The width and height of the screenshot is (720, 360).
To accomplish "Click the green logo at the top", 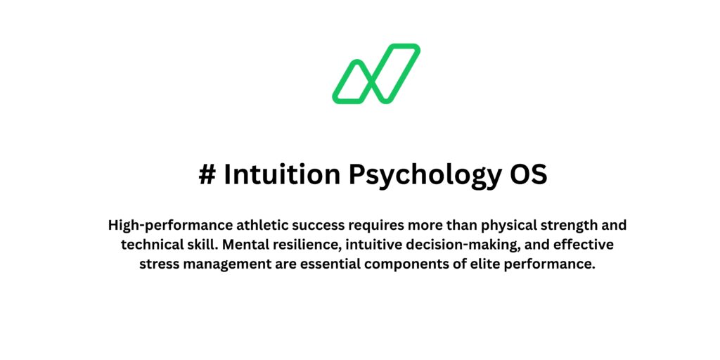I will pyautogui.click(x=376, y=74).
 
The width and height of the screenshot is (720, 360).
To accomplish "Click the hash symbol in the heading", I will pyautogui.click(x=207, y=175).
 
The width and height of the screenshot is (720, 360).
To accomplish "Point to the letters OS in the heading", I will pyautogui.click(x=529, y=175).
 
